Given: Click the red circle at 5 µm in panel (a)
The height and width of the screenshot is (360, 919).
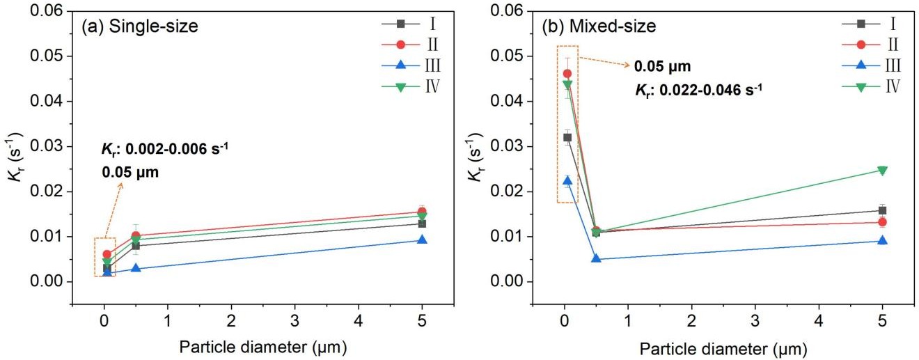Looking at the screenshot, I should [x=421, y=212].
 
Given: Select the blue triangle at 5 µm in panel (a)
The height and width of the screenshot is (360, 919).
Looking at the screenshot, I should [x=421, y=240].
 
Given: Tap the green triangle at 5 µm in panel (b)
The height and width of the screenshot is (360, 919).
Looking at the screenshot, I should [x=882, y=171].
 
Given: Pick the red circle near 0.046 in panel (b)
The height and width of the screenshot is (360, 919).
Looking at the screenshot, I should [x=567, y=74].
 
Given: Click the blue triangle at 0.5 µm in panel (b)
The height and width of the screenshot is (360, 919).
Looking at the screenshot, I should [x=596, y=259].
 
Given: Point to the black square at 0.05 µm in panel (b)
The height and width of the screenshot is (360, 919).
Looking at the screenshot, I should [x=567, y=137].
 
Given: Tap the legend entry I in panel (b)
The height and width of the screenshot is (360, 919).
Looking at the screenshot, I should [x=874, y=24].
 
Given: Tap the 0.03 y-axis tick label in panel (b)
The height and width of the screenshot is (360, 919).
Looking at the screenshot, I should [x=511, y=147].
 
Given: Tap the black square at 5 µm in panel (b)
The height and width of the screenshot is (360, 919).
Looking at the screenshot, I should [x=882, y=210].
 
